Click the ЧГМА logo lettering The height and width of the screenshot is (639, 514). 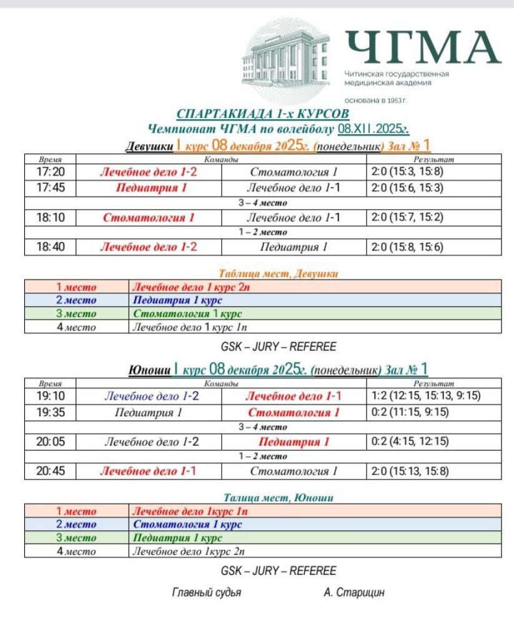pos(423,47)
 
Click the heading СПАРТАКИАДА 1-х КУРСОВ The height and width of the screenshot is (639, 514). pos(262,114)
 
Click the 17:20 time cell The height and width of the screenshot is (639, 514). pos(50,172)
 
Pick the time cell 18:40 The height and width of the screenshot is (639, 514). pos(50,247)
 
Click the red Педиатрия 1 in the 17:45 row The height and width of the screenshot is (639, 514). pos(151,187)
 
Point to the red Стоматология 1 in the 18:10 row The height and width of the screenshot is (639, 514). pos(149,218)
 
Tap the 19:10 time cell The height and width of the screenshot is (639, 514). pos(50,396)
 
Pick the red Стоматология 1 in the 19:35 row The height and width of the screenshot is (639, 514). pos(294,412)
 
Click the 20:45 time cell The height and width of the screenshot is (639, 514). pos(50,471)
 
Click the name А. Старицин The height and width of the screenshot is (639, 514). pos(354,593)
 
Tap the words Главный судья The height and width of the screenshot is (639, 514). pos(206,593)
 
